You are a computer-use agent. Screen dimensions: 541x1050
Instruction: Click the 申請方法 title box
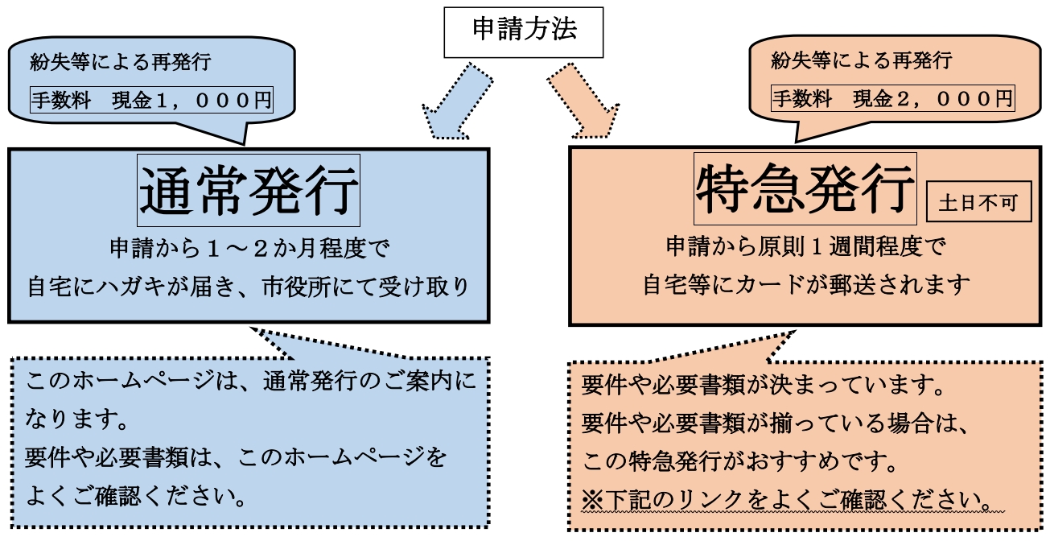[x=524, y=32]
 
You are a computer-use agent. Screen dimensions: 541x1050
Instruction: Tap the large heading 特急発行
[x=805, y=190]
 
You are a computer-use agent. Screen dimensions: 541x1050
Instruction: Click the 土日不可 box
[x=978, y=202]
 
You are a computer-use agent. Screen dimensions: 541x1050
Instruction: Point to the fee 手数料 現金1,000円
[x=151, y=100]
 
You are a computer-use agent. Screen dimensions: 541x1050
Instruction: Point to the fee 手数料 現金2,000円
[x=892, y=99]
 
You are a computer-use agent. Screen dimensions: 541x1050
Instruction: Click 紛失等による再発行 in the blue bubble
[x=121, y=61]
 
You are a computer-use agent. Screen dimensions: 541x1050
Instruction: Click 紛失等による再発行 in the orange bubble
[x=861, y=60]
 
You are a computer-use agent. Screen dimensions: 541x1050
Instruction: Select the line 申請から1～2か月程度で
[x=249, y=248]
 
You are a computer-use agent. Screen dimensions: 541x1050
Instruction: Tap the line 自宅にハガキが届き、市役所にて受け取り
[x=249, y=287]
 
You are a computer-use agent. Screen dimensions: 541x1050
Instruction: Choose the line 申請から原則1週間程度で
[x=805, y=246]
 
